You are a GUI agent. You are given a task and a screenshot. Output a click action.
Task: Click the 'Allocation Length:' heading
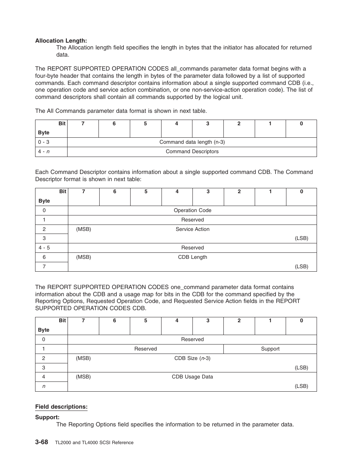coord(61,40)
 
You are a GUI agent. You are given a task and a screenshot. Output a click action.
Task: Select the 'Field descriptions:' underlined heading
coord(61,407)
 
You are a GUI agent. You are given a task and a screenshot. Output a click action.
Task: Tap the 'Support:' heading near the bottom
coord(47,417)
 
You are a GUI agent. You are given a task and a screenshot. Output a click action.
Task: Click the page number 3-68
coord(42,442)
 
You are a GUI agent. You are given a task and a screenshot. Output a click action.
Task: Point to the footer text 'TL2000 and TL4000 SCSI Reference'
coord(94,443)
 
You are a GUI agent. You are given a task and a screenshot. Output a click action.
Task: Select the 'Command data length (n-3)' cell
coord(192,142)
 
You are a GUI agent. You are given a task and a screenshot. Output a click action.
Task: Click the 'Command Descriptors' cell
coord(192,152)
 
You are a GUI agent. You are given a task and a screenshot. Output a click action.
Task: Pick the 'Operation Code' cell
coord(192,211)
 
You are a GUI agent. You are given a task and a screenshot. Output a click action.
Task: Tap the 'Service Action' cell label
coord(192,229)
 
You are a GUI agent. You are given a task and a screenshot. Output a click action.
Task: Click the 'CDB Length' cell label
coord(192,257)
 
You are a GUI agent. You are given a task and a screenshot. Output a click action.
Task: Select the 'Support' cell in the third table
coord(270,349)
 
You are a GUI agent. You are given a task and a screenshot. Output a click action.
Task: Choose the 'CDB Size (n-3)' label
coord(192,358)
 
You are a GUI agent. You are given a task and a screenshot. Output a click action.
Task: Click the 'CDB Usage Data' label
coord(192,377)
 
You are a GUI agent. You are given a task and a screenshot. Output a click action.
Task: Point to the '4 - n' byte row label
coord(44,152)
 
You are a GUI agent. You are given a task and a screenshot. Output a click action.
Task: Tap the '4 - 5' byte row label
coord(44,248)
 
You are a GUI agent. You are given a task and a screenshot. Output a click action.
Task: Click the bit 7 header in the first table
coord(83,124)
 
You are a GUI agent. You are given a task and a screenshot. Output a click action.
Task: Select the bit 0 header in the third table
coord(301,321)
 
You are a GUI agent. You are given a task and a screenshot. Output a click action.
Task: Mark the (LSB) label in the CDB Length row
coord(302,266)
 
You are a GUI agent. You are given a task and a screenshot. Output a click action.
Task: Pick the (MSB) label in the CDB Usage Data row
coord(83,377)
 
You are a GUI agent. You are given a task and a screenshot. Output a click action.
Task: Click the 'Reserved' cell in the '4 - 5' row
coord(192,248)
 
